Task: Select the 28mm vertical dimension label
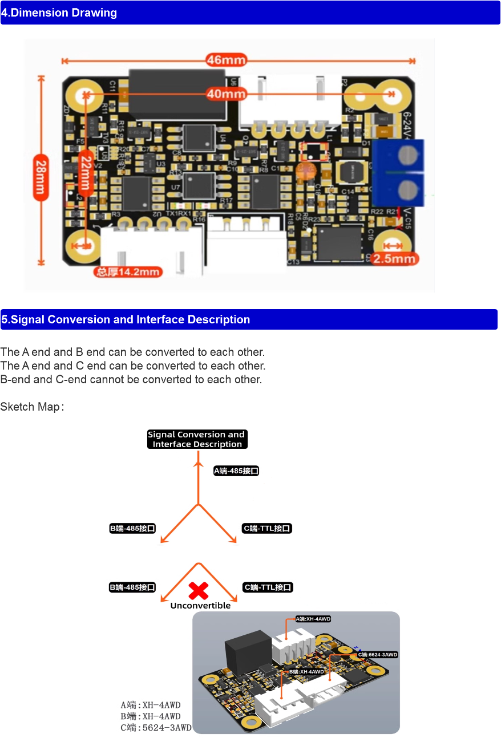40,179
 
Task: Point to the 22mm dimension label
85,173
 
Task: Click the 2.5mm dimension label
394,258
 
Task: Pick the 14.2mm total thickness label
128,271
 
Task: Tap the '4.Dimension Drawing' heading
59,13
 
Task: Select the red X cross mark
198,590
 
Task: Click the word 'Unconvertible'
200,606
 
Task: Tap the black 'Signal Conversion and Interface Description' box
197,439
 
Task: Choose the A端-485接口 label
236,471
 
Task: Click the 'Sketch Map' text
31,407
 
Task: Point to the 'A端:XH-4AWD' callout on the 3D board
313,619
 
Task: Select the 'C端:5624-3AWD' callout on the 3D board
377,655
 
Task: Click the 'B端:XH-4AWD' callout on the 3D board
306,672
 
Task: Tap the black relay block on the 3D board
247,651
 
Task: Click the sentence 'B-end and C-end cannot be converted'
131,379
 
